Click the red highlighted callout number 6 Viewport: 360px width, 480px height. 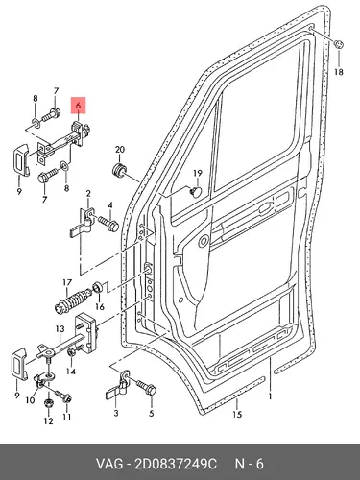pos(79,105)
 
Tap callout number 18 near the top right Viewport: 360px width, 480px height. pos(339,72)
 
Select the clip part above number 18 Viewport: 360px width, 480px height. pos(339,44)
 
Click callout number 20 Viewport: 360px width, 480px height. pos(119,150)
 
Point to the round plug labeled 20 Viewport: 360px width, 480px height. pos(120,170)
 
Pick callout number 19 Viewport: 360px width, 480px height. pos(198,174)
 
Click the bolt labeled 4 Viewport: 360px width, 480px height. pos(108,224)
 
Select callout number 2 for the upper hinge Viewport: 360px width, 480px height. pos(88,194)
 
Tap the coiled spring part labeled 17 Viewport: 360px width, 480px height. pos(73,300)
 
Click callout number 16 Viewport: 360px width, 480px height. pos(100,307)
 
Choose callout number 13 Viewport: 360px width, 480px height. pos(60,328)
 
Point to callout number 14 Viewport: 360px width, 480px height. pos(71,372)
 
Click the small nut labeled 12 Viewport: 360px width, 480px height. pos(48,402)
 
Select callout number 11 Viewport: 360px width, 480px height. pos(66,417)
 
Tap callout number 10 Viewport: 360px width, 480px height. pos(30,400)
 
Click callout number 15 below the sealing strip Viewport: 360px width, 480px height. pos(237,415)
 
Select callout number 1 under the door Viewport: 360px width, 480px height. pos(271,396)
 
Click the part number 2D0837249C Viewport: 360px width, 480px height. pos(176,464)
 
